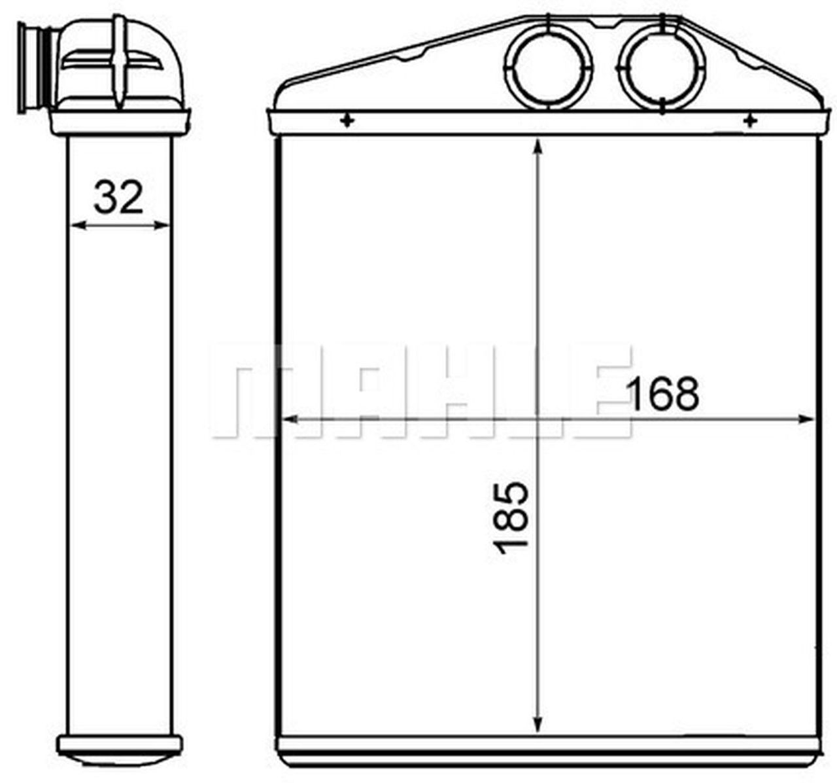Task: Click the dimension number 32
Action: (118, 197)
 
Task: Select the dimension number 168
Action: (663, 394)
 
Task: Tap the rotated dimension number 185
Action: (512, 517)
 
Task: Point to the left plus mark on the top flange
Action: (347, 120)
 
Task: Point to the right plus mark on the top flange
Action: (750, 120)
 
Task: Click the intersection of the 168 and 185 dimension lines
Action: (538, 420)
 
